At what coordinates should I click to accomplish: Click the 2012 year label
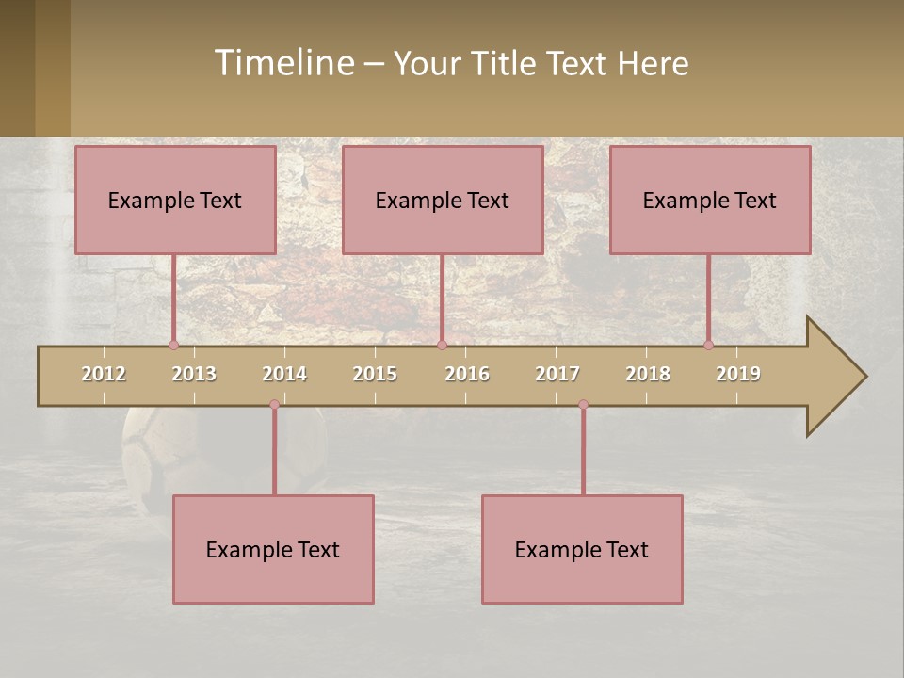[104, 374]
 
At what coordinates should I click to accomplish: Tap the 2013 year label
[194, 374]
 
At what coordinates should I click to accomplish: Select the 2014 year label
[284, 374]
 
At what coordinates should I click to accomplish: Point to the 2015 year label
[375, 374]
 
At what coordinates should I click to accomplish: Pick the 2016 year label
[467, 374]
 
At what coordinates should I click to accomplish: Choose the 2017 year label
[557, 374]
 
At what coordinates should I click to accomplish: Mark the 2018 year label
[648, 374]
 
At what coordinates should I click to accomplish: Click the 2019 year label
[738, 374]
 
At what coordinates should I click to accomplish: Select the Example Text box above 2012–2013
[175, 200]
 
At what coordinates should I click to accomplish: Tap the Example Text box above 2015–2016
[443, 200]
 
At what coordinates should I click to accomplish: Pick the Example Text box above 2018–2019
[710, 200]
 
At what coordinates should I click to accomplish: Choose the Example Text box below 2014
[273, 549]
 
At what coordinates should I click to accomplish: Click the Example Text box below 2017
[582, 549]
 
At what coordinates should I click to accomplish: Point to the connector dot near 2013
[173, 345]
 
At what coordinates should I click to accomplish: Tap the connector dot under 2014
[274, 405]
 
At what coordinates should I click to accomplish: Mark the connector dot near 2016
[442, 345]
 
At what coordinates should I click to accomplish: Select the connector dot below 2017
[583, 405]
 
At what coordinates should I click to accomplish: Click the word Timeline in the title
[283, 62]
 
